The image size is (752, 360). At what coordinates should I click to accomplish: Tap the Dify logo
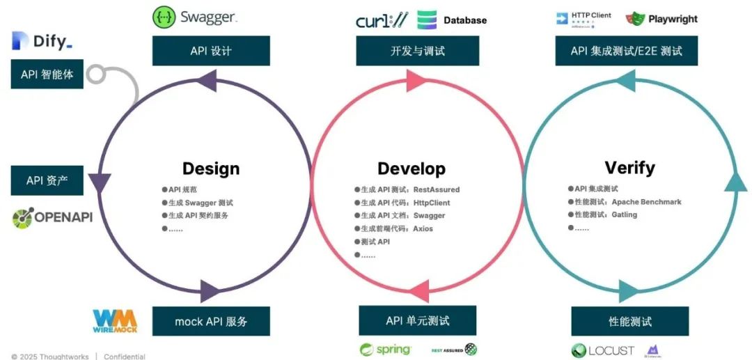[42, 41]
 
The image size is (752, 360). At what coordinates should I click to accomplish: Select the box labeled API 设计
[211, 51]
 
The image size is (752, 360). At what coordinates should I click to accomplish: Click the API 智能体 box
[47, 74]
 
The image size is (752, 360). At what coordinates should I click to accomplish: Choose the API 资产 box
[47, 180]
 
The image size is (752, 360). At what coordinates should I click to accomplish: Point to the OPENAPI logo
[52, 218]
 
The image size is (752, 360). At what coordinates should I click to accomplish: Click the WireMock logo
[116, 321]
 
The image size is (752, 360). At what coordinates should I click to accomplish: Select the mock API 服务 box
[211, 322]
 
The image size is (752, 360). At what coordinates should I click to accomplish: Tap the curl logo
[381, 20]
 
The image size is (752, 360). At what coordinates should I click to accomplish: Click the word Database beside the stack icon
[465, 20]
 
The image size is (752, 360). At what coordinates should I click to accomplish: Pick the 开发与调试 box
[417, 51]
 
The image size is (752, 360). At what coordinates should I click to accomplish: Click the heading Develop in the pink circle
[412, 169]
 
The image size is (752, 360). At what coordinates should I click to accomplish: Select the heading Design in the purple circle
[211, 169]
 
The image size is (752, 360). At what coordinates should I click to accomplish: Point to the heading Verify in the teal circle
[629, 168]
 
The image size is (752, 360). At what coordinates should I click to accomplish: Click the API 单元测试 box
[417, 320]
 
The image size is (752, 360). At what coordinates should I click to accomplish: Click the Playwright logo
[661, 19]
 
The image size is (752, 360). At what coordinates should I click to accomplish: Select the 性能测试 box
[629, 321]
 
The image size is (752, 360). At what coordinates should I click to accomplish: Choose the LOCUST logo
[603, 350]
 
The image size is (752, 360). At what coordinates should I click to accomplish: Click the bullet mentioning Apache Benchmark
[625, 202]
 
